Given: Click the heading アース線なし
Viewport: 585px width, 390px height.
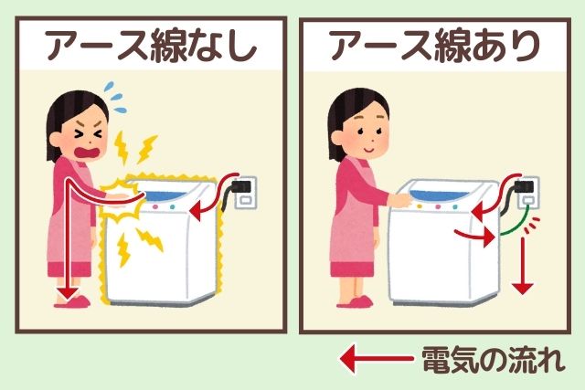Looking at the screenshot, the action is point(151,47).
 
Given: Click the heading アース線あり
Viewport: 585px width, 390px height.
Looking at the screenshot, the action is point(435,47).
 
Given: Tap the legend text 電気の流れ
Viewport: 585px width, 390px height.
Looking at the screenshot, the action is point(493,360).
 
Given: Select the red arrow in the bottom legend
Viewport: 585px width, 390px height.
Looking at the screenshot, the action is point(377,359).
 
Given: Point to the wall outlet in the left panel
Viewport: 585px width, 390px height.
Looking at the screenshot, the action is point(245,193).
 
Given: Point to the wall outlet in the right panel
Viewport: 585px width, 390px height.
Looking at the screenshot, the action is point(529,193).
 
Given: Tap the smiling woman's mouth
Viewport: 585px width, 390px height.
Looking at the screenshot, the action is point(368,150).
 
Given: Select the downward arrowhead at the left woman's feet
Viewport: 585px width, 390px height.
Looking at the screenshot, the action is point(68,293).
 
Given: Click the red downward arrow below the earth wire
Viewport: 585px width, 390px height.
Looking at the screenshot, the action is point(522,266).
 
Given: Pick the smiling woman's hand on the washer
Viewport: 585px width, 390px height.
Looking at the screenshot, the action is point(400,200).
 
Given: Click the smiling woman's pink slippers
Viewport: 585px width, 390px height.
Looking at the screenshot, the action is point(356,301).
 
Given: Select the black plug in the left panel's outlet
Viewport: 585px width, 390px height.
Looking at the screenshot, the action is point(241,185).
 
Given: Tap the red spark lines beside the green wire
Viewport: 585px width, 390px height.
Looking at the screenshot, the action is point(532,226).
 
